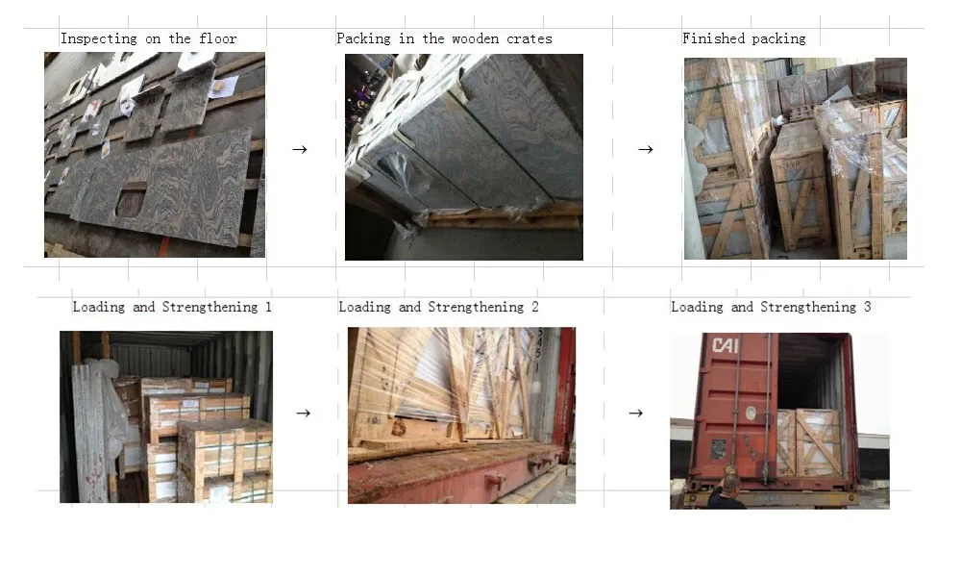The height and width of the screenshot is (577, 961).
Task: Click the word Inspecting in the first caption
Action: click(x=99, y=39)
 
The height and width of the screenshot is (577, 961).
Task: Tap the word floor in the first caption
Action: click(x=217, y=38)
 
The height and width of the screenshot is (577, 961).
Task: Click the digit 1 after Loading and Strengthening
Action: click(x=268, y=307)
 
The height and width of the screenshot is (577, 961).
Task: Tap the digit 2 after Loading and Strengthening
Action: click(x=535, y=307)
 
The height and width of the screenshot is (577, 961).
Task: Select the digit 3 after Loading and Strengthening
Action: click(x=867, y=307)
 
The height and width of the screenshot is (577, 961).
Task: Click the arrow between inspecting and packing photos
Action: click(x=300, y=149)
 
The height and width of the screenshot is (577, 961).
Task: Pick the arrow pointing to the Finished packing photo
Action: click(x=646, y=149)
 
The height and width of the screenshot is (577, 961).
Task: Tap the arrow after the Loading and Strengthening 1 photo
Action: click(x=304, y=414)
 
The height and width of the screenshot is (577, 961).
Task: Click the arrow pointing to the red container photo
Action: click(x=636, y=414)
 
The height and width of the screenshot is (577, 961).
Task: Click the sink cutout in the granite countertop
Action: click(x=131, y=201)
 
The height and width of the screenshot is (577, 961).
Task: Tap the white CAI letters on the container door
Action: click(x=725, y=344)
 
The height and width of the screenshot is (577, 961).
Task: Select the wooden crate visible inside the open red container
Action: click(x=809, y=442)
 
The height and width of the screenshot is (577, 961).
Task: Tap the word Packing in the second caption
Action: click(x=363, y=39)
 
